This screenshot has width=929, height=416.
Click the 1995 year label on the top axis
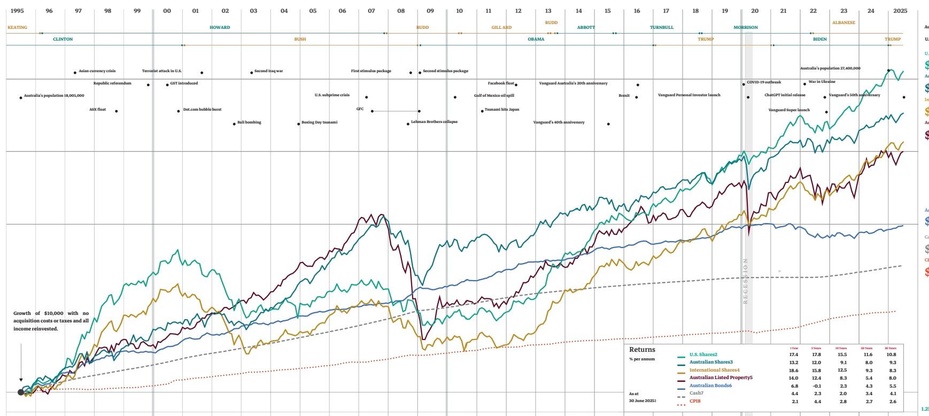pos(17,11)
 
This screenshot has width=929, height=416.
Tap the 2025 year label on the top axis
pos(901,11)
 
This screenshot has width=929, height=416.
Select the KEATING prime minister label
pos(17,27)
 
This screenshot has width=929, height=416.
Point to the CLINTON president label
pos(63,39)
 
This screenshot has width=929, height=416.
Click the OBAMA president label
pos(536,39)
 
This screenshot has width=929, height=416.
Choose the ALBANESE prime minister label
pos(843,22)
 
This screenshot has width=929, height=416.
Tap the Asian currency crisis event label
pos(97,71)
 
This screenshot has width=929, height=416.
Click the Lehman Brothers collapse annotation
pos(434,122)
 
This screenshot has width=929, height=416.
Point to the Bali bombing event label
pos(249,122)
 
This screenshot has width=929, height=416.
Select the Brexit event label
pos(624,96)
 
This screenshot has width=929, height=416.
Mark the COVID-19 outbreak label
pos(763,82)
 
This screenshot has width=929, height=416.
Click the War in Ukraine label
pos(822,82)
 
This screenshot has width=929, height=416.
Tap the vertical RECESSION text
pos(745,281)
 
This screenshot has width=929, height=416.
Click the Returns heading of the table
pos(642,350)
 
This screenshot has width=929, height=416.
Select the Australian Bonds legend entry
pos(710,386)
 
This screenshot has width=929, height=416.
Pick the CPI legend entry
pos(695,401)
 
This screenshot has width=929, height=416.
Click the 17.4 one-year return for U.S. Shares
pos(793,355)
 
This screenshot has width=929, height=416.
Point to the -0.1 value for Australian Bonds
pos(816,386)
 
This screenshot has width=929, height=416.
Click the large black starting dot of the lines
pos(21,392)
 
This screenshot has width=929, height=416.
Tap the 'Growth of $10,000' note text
pos(51,321)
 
